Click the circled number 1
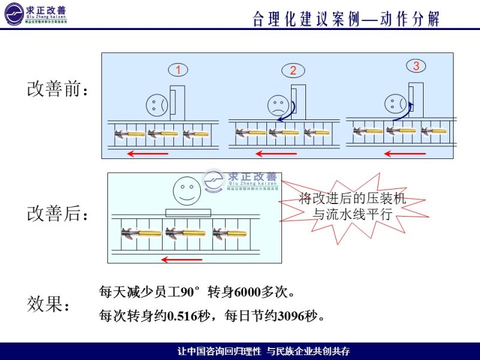click(x=178, y=70)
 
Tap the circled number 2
click(x=293, y=70)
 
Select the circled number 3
click(x=415, y=65)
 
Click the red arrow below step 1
click(x=148, y=154)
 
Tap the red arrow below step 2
click(x=276, y=154)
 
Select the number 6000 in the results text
click(x=248, y=293)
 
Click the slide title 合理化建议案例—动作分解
click(x=347, y=19)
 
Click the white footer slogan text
click(x=264, y=351)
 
